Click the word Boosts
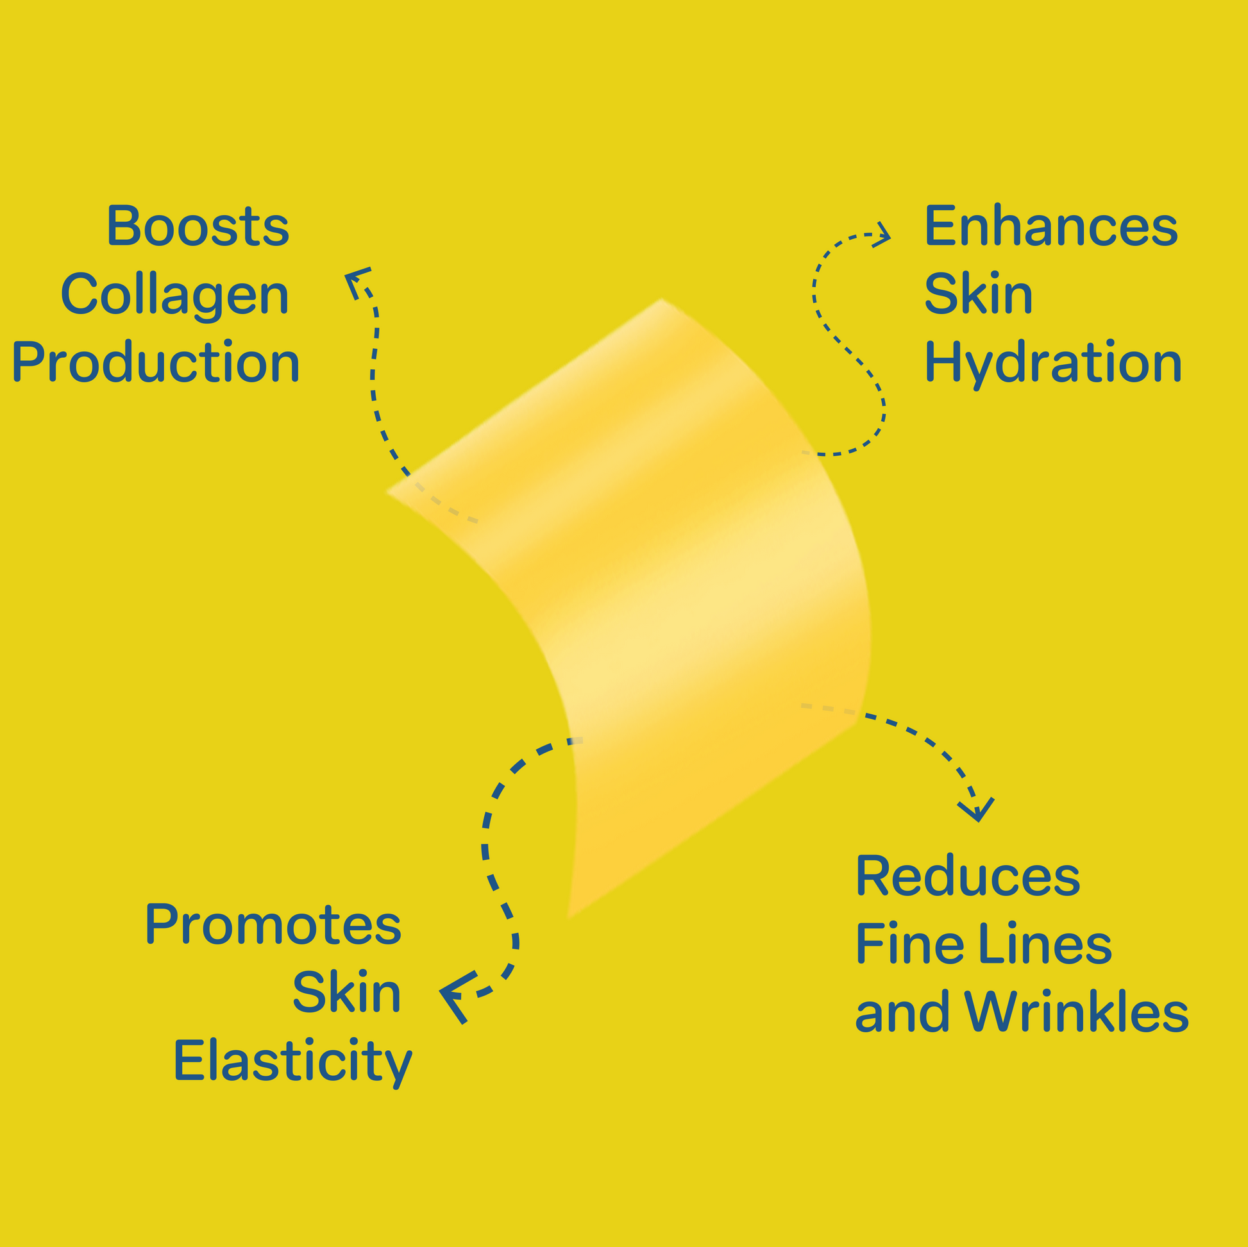(x=198, y=226)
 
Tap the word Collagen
(x=174, y=294)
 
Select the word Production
(x=156, y=362)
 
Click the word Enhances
(x=1051, y=226)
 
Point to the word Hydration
(x=1053, y=363)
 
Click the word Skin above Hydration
(x=978, y=294)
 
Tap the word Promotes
(x=273, y=925)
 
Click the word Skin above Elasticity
(x=346, y=992)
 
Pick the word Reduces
(x=968, y=876)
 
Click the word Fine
(x=910, y=944)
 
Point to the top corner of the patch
(x=661, y=300)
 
